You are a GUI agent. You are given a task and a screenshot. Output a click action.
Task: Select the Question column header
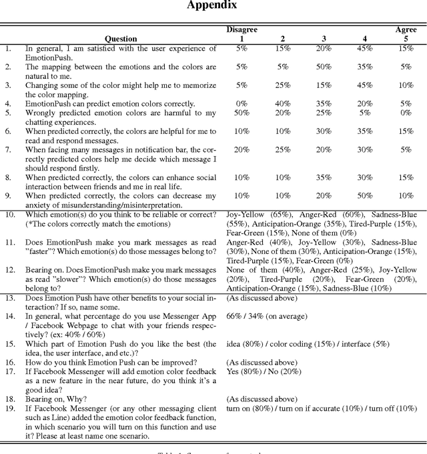pyautogui.click(x=121, y=39)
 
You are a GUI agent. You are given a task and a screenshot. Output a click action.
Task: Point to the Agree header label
pyautogui.click(x=406, y=29)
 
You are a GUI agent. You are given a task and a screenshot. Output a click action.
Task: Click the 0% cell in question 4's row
pyautogui.click(x=242, y=103)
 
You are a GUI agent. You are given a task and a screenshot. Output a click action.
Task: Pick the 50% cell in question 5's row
pyautogui.click(x=242, y=113)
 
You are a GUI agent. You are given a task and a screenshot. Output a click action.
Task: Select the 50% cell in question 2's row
pyautogui.click(x=323, y=67)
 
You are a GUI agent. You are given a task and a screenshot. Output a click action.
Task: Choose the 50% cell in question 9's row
pyautogui.click(x=364, y=196)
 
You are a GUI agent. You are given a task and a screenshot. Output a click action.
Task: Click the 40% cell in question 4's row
pyautogui.click(x=282, y=103)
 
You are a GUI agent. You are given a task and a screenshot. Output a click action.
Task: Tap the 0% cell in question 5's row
pyautogui.click(x=406, y=113)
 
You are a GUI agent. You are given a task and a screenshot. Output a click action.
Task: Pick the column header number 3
pyautogui.click(x=323, y=39)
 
